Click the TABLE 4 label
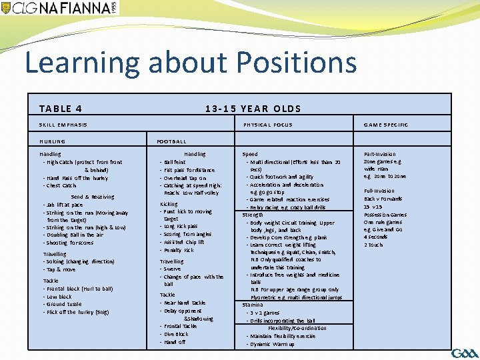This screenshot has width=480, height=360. click(x=61, y=109)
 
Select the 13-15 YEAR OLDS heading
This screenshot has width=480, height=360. click(x=253, y=109)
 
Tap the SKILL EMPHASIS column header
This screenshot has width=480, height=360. click(x=63, y=125)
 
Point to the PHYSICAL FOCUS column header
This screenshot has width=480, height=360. click(x=267, y=125)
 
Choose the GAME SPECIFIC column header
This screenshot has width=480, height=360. click(x=386, y=125)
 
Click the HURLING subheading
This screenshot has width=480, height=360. click(x=53, y=141)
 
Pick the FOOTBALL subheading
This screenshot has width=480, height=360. click(x=171, y=141)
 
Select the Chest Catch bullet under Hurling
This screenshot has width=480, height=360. click(x=61, y=185)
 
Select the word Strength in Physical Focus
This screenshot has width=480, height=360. click(x=253, y=215)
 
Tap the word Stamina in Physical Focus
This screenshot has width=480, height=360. click(x=252, y=305)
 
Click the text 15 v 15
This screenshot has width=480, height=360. click(x=372, y=207)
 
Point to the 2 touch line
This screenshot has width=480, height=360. click(x=373, y=245)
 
